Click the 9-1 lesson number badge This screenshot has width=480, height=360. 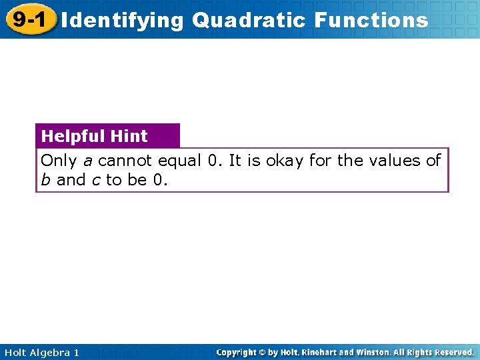point(28,19)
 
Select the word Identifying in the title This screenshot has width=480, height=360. point(121,20)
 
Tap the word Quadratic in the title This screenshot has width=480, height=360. point(251,20)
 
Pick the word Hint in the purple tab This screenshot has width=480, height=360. point(129,136)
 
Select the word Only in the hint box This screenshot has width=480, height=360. point(59,161)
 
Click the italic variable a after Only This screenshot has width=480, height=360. point(87,161)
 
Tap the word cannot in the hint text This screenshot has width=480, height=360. point(125,161)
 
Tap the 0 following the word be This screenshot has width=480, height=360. point(157,180)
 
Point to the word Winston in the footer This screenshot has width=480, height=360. point(382,352)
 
